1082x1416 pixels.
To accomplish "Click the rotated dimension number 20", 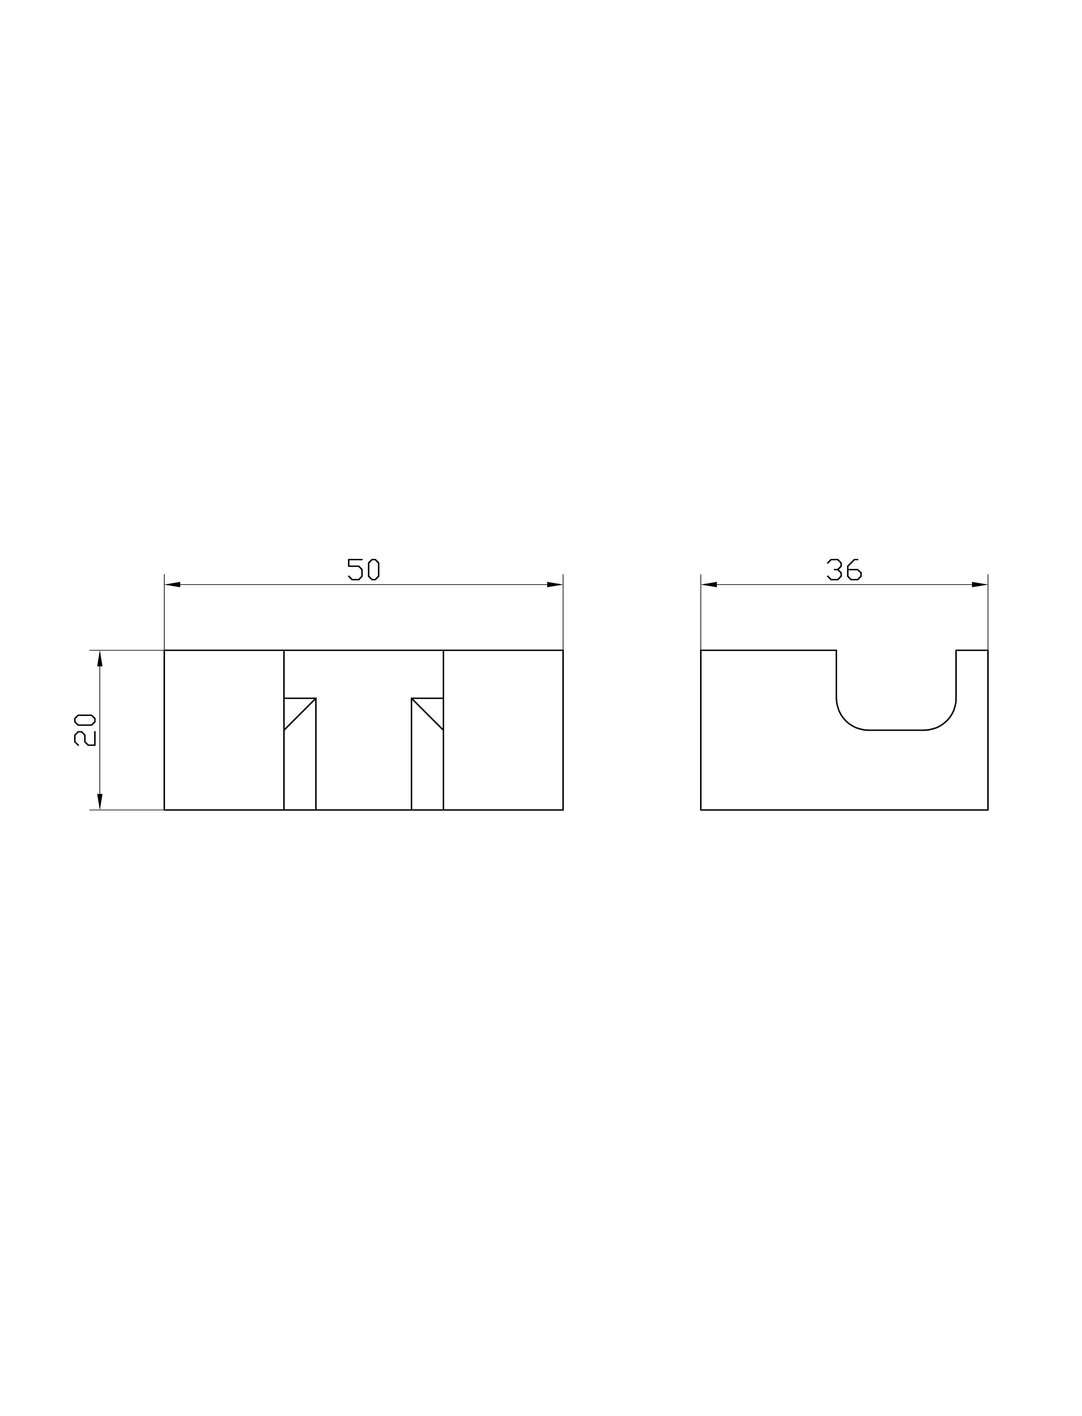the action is (x=85, y=730).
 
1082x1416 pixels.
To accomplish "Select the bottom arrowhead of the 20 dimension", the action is (x=100, y=801).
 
